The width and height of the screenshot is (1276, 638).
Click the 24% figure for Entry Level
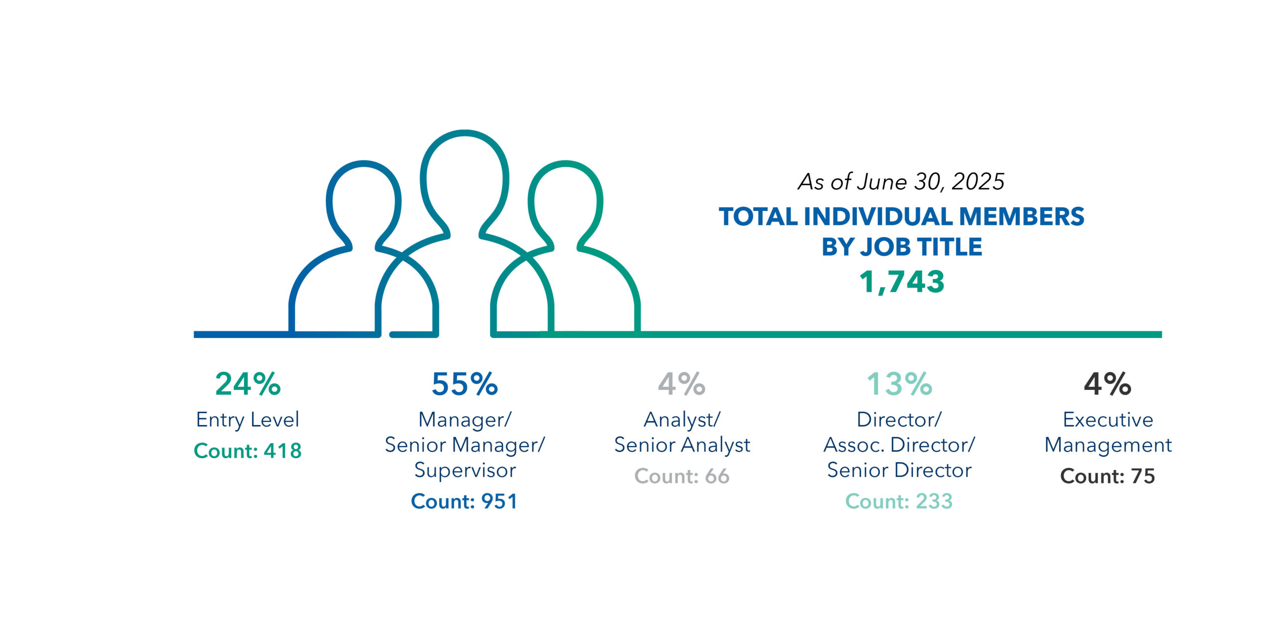click(x=248, y=384)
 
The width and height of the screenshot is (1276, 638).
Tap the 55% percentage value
click(x=465, y=384)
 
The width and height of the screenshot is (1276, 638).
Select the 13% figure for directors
click(x=899, y=384)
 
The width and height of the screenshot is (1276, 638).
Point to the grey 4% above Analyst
click(x=681, y=384)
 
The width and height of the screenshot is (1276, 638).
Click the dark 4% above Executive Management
click(x=1108, y=384)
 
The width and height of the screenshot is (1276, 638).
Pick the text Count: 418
click(x=248, y=451)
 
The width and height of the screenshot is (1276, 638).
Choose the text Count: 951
click(x=465, y=501)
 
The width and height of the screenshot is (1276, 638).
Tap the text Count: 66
click(x=681, y=476)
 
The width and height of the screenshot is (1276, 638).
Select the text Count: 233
click(x=899, y=501)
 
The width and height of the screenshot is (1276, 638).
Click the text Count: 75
click(x=1108, y=476)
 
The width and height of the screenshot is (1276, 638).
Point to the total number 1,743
click(x=902, y=282)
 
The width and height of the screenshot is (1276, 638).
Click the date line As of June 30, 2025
click(x=901, y=181)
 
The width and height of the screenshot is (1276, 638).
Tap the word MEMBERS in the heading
click(x=1021, y=217)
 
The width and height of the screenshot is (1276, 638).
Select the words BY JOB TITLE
click(x=902, y=247)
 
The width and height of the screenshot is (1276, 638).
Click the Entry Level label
click(x=248, y=420)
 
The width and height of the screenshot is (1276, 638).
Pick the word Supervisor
click(x=465, y=470)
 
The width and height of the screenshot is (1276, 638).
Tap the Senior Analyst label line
click(x=682, y=445)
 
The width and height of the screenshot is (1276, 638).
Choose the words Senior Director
click(x=899, y=470)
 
